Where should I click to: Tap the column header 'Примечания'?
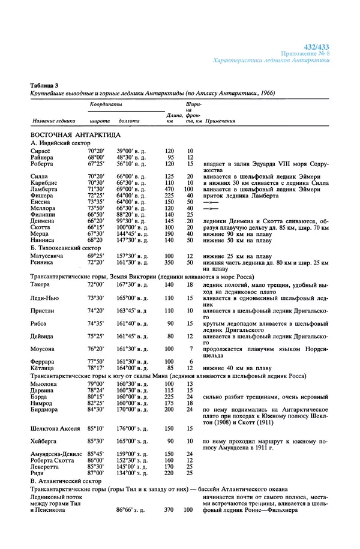(x=220, y=121)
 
